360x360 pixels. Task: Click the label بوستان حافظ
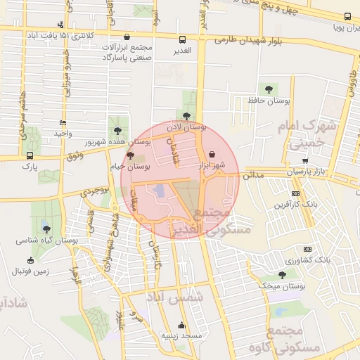coord(269,101)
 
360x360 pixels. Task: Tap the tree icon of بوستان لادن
coord(186,116)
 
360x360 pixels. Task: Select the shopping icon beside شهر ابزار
coord(212,154)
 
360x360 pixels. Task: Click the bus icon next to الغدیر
coord(182,40)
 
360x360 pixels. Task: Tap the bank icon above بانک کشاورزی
coord(307,249)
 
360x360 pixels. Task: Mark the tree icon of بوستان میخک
coord(282,275)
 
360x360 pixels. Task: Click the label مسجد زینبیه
coord(182,336)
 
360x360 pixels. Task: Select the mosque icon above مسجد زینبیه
coord(182,325)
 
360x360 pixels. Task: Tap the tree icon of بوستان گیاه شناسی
coord(46,229)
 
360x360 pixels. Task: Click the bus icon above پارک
coord(29,155)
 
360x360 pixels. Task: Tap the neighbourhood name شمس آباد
coord(176,297)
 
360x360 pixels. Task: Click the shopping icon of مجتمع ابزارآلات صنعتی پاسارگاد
coord(127,37)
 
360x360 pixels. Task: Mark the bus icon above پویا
coord(347,16)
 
